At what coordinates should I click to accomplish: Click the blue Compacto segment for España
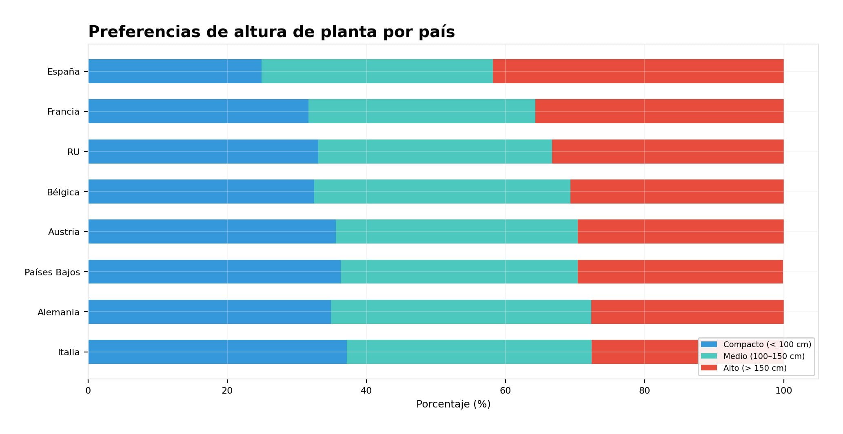tap(175, 71)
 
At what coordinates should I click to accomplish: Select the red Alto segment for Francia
tap(659, 111)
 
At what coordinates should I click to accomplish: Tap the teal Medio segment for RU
tap(435, 151)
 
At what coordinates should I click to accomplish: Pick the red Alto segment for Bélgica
tap(677, 191)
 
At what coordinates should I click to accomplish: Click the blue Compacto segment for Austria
tap(212, 231)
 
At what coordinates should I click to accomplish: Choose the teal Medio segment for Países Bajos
tap(459, 272)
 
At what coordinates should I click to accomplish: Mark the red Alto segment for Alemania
tap(687, 312)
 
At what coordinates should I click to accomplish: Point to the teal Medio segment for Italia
tap(469, 352)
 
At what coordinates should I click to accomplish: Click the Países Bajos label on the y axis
tap(52, 272)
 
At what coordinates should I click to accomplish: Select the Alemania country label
tap(58, 312)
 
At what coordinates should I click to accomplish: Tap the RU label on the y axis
tap(73, 152)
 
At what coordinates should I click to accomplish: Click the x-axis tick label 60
tap(505, 391)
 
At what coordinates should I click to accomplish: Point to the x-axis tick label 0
tap(88, 391)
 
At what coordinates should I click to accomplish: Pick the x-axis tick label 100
tap(783, 391)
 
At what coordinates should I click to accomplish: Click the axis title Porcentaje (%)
tap(453, 404)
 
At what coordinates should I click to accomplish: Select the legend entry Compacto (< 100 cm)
tap(767, 344)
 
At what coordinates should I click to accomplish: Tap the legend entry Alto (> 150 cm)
tap(755, 368)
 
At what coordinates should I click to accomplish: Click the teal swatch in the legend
tap(709, 356)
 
